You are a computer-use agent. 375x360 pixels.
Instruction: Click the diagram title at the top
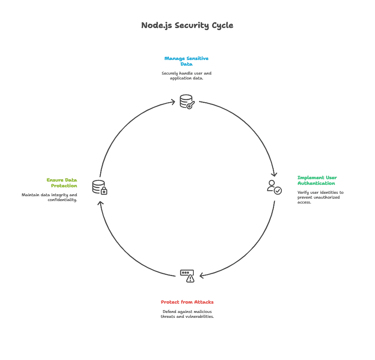tap(186, 25)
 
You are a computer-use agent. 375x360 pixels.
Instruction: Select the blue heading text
tap(186, 61)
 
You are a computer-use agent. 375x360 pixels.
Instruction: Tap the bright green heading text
tap(317, 180)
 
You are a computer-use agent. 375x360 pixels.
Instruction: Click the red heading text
tap(186, 302)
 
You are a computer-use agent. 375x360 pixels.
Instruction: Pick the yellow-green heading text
tap(62, 182)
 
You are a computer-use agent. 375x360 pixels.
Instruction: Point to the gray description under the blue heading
tap(186, 76)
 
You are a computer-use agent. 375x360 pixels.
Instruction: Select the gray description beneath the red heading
tap(186, 314)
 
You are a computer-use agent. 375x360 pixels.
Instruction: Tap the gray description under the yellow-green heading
tap(49, 197)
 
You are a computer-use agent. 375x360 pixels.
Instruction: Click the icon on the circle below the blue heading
tap(186, 101)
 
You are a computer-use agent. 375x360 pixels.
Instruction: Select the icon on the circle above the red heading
tap(187, 276)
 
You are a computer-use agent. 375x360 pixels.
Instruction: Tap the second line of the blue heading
tap(186, 64)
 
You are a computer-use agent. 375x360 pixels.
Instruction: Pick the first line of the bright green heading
tap(317, 178)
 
